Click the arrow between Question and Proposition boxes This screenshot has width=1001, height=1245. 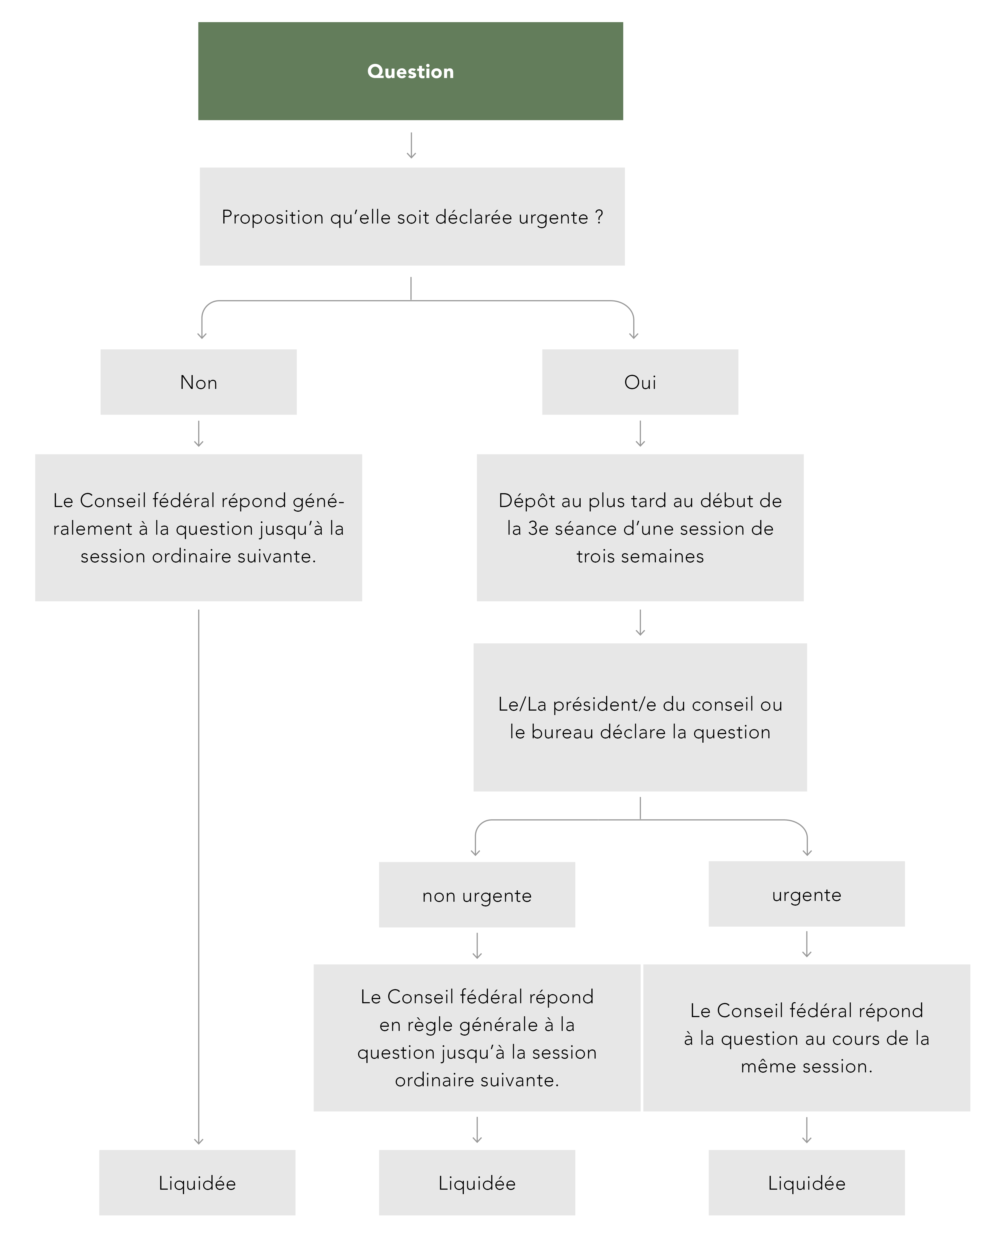pyautogui.click(x=411, y=145)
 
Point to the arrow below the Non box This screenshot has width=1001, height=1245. pyautogui.click(x=199, y=434)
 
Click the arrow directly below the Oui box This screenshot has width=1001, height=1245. pyautogui.click(x=640, y=434)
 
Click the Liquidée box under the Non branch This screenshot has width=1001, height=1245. pyautogui.click(x=198, y=1183)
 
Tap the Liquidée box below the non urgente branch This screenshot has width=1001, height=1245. pyautogui.click(x=477, y=1183)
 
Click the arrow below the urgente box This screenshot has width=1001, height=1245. pyautogui.click(x=807, y=945)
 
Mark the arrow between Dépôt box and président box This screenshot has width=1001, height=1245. pyautogui.click(x=640, y=622)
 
